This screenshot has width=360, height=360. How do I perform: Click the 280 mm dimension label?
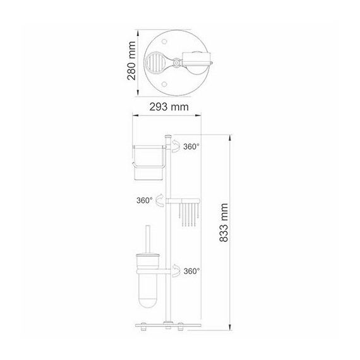pyautogui.click(x=131, y=61)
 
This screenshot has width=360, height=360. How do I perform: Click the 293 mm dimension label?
pyautogui.click(x=169, y=107)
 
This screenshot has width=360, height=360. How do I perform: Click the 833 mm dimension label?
pyautogui.click(x=224, y=222)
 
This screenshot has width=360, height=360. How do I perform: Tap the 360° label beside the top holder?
pyautogui.click(x=191, y=147)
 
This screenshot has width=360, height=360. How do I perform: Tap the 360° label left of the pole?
pyautogui.click(x=145, y=200)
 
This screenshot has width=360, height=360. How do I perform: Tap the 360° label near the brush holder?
pyautogui.click(x=191, y=271)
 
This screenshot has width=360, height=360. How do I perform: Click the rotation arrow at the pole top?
pyautogui.click(x=176, y=146)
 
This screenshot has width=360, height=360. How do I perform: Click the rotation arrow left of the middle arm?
pyautogui.click(x=160, y=200)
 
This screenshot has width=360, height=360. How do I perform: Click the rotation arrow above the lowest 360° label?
pyautogui.click(x=176, y=270)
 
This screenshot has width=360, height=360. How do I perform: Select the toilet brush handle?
pyautogui.click(x=148, y=239)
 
